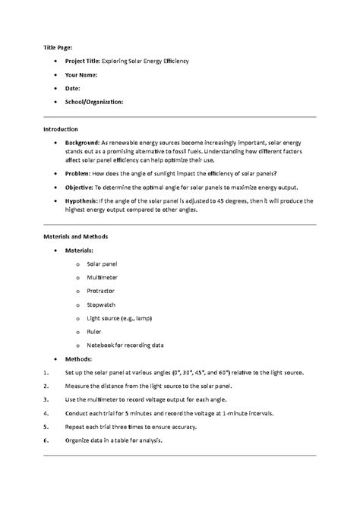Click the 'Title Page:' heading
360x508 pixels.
[57, 47]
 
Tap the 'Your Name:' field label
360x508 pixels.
[81, 74]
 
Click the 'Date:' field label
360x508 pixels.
[73, 88]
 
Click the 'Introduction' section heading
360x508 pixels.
[61, 129]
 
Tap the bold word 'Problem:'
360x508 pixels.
[78, 174]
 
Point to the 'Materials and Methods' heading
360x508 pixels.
[75, 236]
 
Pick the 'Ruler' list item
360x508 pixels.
[95, 331]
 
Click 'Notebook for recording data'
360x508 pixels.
[125, 345]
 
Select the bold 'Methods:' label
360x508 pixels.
[78, 358]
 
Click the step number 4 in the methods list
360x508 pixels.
[46, 413]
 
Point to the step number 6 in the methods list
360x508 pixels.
[46, 440]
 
